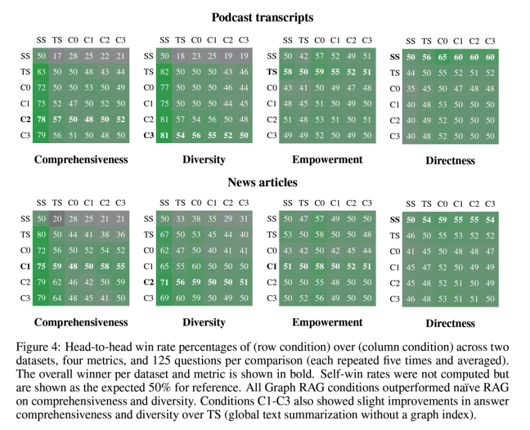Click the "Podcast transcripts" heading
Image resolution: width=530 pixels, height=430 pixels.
tap(262, 17)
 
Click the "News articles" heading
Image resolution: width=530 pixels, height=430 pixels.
tap(262, 182)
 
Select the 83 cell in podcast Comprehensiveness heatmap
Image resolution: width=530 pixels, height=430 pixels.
tap(41, 72)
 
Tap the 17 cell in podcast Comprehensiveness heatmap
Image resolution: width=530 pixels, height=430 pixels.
tap(57, 56)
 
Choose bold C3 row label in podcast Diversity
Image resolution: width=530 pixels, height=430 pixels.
tap(148, 135)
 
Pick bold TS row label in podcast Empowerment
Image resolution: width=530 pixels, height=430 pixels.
tap(272, 72)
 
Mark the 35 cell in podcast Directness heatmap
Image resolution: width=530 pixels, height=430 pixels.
tap(411, 89)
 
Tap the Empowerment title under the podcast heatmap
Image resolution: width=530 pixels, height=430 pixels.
tap(327, 160)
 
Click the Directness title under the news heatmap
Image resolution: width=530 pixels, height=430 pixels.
tap(450, 323)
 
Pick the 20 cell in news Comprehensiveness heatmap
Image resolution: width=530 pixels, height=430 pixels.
tap(57, 219)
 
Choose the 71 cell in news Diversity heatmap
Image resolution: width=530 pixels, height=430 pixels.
tap(164, 282)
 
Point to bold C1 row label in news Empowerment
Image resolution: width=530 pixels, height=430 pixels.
tap(272, 266)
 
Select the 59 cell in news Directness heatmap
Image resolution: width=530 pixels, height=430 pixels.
tap(442, 220)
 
